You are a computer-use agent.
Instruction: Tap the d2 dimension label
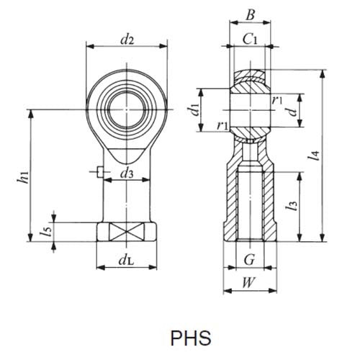click(x=127, y=40)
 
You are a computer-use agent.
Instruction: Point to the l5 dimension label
click(x=47, y=232)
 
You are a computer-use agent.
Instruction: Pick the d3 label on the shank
click(x=127, y=173)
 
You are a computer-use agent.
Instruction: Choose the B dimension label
click(x=249, y=13)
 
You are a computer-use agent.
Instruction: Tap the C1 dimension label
click(x=250, y=40)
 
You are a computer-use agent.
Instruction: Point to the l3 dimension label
click(x=291, y=206)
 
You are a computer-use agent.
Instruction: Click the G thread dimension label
click(x=249, y=257)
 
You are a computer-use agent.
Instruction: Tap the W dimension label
click(x=249, y=282)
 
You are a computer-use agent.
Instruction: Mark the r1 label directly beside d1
click(x=223, y=125)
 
